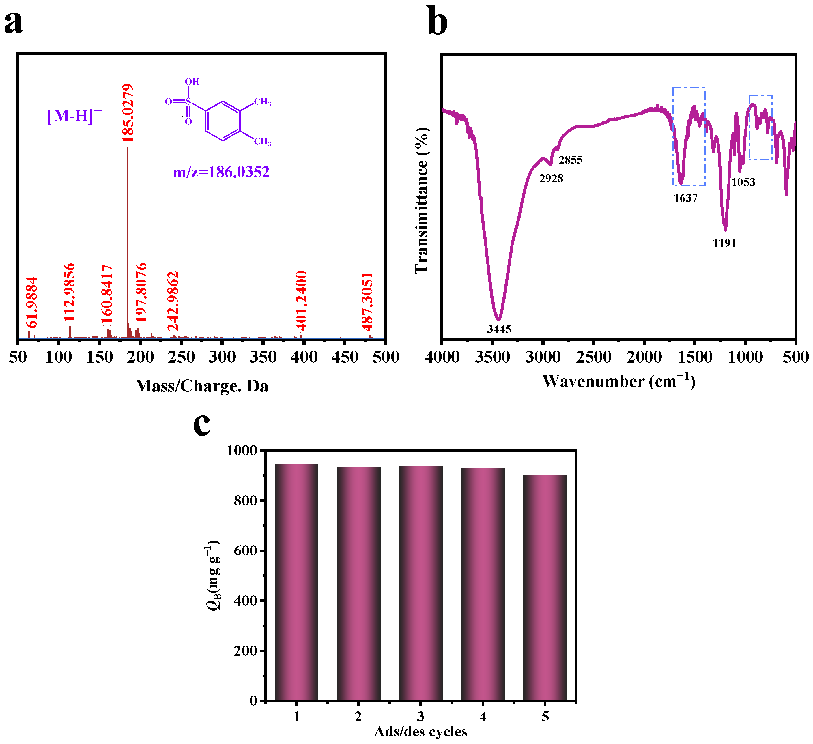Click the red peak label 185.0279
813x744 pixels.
click(128, 113)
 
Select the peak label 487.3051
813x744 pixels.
click(367, 302)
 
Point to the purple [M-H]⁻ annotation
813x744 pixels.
click(74, 116)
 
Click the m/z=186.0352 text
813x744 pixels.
click(221, 172)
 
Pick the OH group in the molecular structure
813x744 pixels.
click(192, 82)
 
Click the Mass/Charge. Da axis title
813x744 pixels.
click(202, 386)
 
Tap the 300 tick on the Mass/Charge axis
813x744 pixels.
click(222, 357)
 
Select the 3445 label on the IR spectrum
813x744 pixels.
click(499, 329)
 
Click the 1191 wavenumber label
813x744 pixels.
click(724, 243)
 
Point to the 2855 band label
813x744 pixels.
click(571, 160)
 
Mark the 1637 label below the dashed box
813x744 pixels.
click(685, 198)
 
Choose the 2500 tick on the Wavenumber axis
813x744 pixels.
click(594, 357)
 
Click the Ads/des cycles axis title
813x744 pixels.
click(420, 732)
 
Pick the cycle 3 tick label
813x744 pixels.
click(420, 717)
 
